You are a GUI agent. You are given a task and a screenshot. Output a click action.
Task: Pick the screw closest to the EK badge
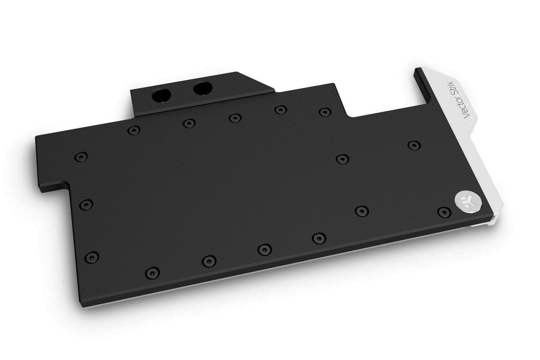(x=444, y=212)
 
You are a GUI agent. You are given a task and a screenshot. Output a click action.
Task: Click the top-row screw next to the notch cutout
(x=324, y=112)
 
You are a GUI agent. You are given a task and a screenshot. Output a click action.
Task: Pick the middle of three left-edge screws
(x=86, y=203)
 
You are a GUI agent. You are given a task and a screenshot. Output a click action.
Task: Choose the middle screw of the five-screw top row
(x=235, y=118)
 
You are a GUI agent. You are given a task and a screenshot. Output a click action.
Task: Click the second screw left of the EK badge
(x=361, y=211)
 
